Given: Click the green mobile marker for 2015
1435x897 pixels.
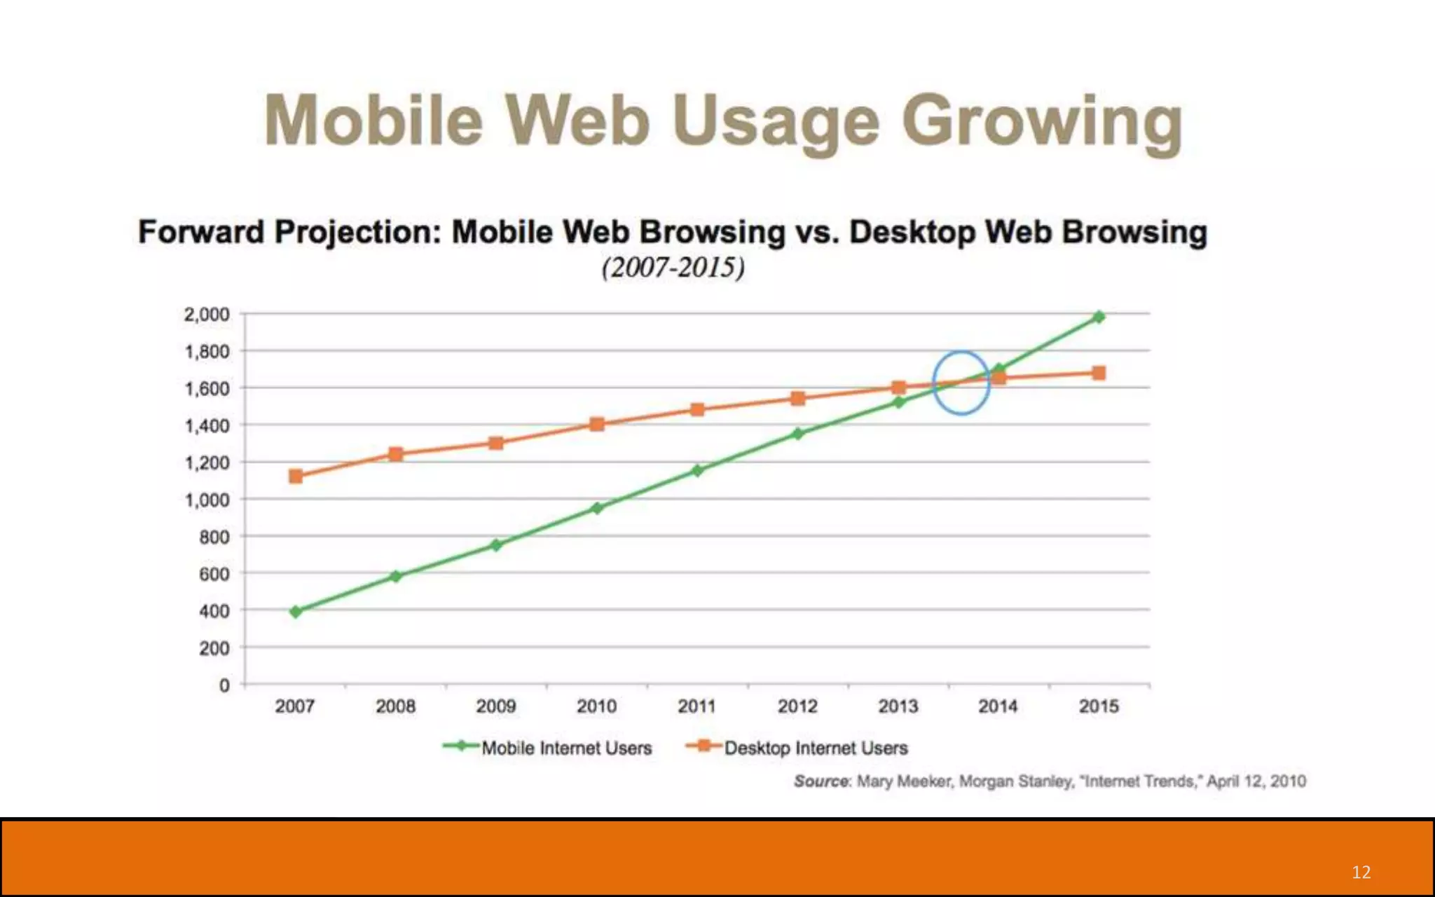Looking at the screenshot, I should [x=1099, y=317].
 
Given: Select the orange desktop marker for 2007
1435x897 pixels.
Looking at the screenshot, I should [x=296, y=477].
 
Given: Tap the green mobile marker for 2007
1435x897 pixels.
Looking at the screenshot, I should [x=296, y=612].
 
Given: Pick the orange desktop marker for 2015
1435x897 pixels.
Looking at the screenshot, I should [x=1099, y=374].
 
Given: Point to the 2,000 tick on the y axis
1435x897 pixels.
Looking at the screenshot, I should [x=207, y=315].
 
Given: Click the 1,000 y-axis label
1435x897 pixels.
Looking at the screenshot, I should [x=207, y=500].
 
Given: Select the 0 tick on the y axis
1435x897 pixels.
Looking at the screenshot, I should [x=224, y=685].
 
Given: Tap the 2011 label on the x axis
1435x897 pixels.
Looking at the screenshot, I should [x=696, y=706].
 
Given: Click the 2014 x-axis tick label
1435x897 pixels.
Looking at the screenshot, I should [x=998, y=706].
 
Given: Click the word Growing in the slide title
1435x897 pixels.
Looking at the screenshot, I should [x=1042, y=123].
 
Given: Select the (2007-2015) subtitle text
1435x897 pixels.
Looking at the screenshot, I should [x=673, y=268].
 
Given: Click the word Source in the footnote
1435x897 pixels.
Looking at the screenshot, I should [x=821, y=781].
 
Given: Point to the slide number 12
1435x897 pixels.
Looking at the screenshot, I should [x=1361, y=872].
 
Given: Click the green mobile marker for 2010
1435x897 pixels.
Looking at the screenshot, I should [x=597, y=508].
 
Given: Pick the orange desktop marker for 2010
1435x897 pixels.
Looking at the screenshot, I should [x=597, y=424].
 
